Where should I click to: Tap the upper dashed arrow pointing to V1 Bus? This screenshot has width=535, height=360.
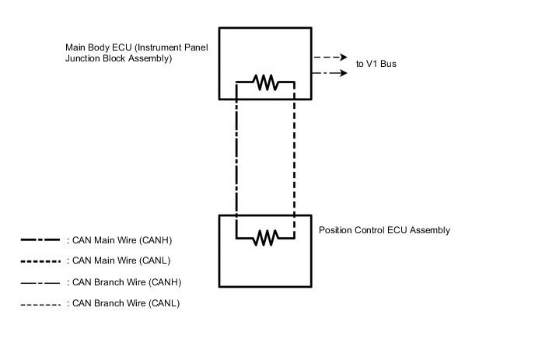click(330, 58)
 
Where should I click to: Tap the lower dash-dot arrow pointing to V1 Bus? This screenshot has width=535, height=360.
click(330, 73)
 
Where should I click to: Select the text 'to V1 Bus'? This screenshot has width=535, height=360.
click(376, 64)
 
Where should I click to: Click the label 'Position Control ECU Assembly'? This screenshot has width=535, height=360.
click(384, 231)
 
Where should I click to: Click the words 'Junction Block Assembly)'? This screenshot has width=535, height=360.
click(118, 58)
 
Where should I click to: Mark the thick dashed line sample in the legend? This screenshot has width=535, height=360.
click(40, 260)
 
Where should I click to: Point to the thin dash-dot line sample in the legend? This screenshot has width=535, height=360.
click(40, 281)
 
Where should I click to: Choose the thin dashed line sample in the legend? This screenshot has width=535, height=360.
click(40, 303)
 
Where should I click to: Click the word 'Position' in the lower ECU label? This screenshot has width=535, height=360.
click(336, 231)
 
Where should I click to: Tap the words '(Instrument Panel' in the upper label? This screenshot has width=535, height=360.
click(171, 47)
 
